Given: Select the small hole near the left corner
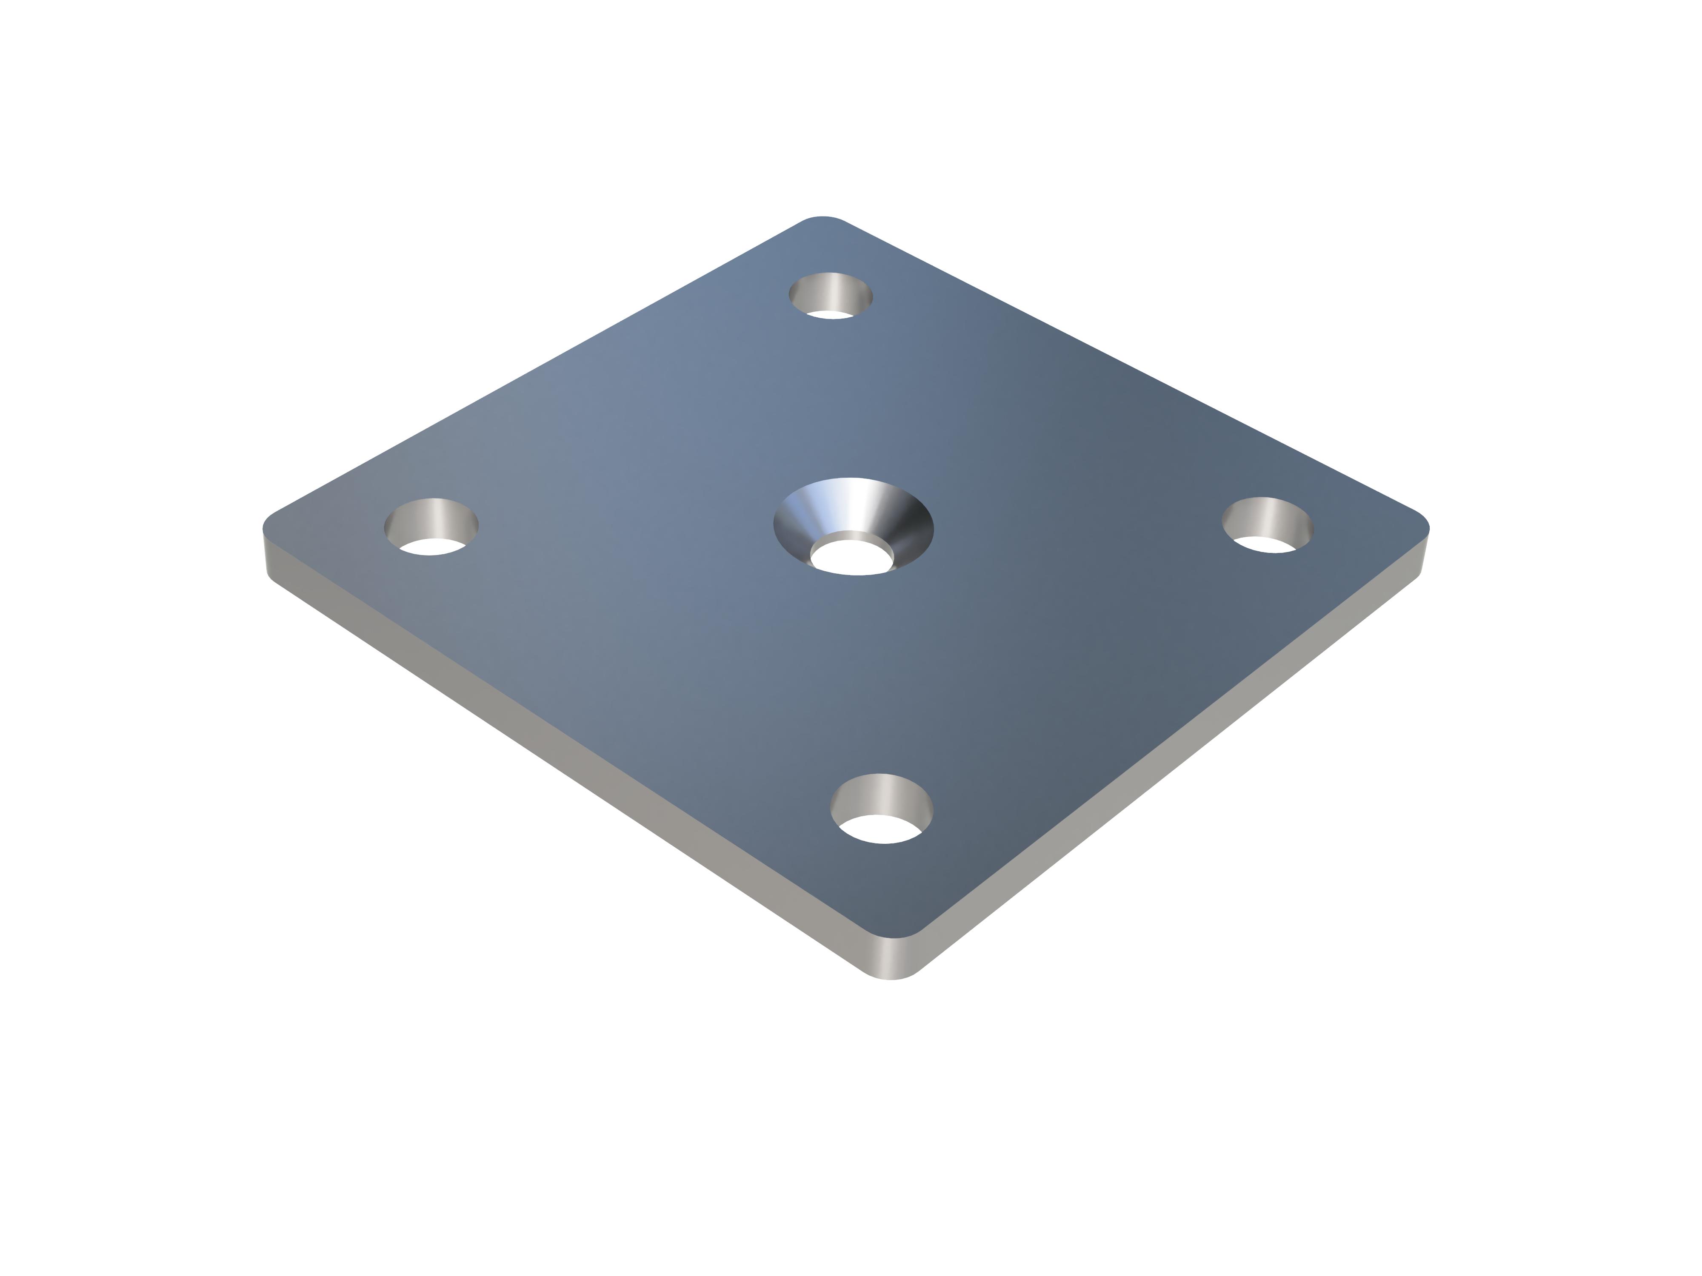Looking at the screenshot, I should pyautogui.click(x=431, y=526).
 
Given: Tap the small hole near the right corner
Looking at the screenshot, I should pyautogui.click(x=1267, y=524).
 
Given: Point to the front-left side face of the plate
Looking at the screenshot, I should pyautogui.click(x=539, y=738).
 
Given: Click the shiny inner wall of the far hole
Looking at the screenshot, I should pyautogui.click(x=831, y=288).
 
